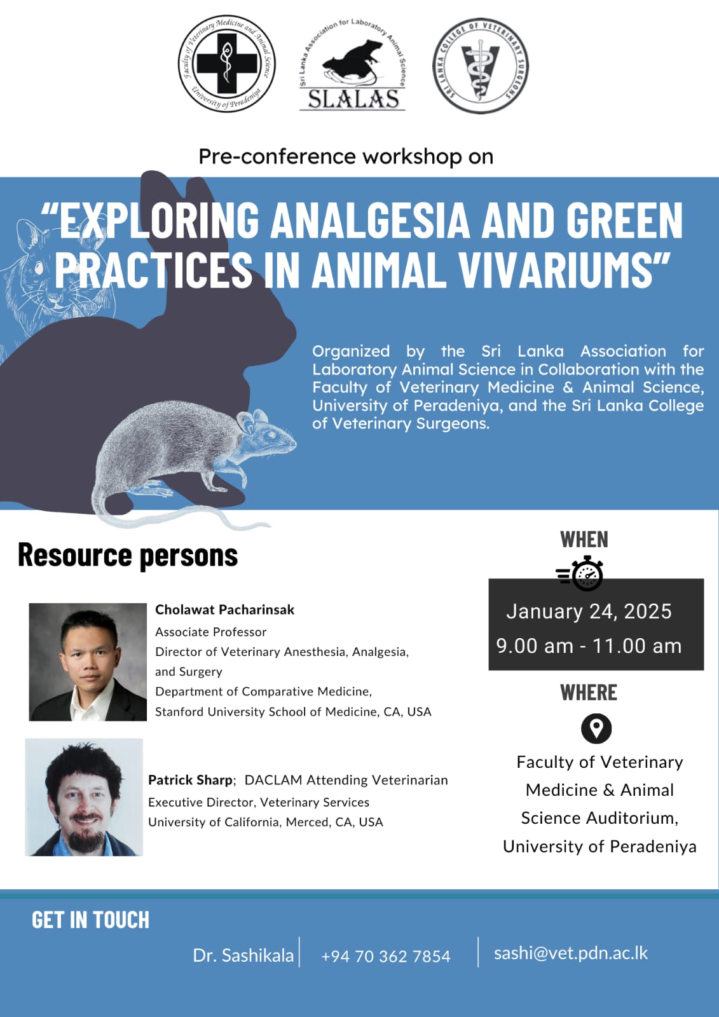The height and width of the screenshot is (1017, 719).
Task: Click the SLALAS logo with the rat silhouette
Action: pos(352,66)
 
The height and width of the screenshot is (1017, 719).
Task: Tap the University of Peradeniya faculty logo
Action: pos(227,63)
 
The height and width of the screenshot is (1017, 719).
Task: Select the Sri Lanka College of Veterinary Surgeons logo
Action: pos(481,66)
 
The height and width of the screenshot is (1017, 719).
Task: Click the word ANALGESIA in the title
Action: pos(370,220)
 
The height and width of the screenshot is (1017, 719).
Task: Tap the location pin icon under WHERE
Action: pos(596,729)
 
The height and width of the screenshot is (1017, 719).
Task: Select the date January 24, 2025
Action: pos(589,611)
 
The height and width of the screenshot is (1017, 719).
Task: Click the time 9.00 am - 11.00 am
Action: pos(589,646)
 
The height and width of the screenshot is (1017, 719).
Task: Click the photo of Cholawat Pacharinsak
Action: pos(88,662)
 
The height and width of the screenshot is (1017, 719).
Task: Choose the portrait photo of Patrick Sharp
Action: pos(84,797)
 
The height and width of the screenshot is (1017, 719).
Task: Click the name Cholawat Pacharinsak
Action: pos(225,610)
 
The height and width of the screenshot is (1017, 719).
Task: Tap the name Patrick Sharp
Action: pos(190,780)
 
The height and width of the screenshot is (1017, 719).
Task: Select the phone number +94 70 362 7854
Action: pos(386,957)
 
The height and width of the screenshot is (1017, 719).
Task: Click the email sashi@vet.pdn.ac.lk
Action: pos(571,953)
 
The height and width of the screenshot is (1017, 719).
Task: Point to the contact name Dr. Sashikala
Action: pos(243,956)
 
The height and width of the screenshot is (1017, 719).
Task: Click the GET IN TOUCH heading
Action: pos(90,920)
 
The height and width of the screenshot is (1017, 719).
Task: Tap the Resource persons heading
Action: pos(128,556)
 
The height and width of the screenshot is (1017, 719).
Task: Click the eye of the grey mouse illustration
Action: pos(271,434)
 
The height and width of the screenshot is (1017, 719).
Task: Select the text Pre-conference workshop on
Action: pos(346,156)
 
